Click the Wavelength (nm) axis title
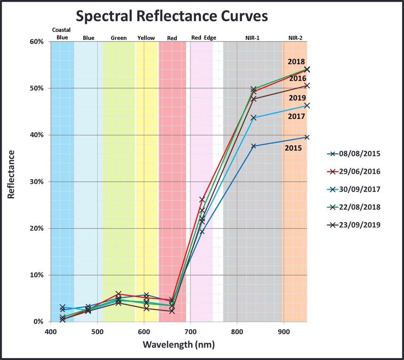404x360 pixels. coord(179,345)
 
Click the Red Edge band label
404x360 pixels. coord(203,38)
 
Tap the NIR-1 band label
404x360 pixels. coord(252,38)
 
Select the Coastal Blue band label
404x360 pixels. coord(62,34)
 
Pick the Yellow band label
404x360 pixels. coord(146,38)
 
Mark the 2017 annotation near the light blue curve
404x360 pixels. coord(296,116)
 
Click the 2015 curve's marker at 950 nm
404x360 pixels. coord(307,137)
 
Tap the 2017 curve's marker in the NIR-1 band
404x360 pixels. coord(254,118)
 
